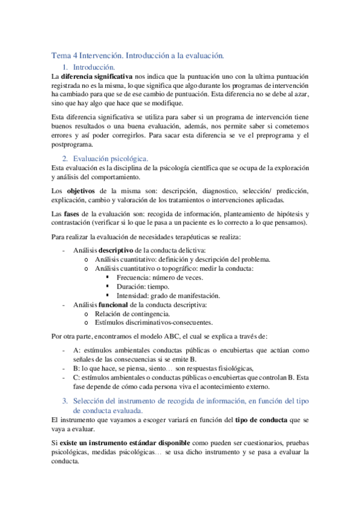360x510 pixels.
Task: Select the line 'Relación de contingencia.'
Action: [x=132, y=313]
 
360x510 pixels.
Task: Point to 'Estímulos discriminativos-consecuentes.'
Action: [x=153, y=322]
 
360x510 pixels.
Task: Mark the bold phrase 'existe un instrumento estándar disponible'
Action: [x=120, y=442]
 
